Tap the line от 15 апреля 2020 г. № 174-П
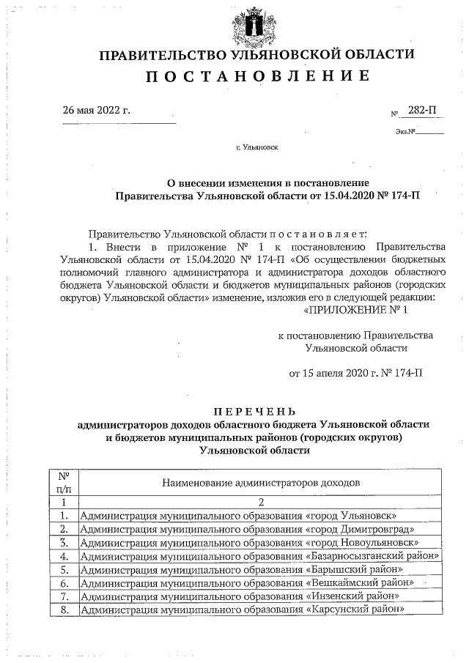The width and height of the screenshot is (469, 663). point(356,374)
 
